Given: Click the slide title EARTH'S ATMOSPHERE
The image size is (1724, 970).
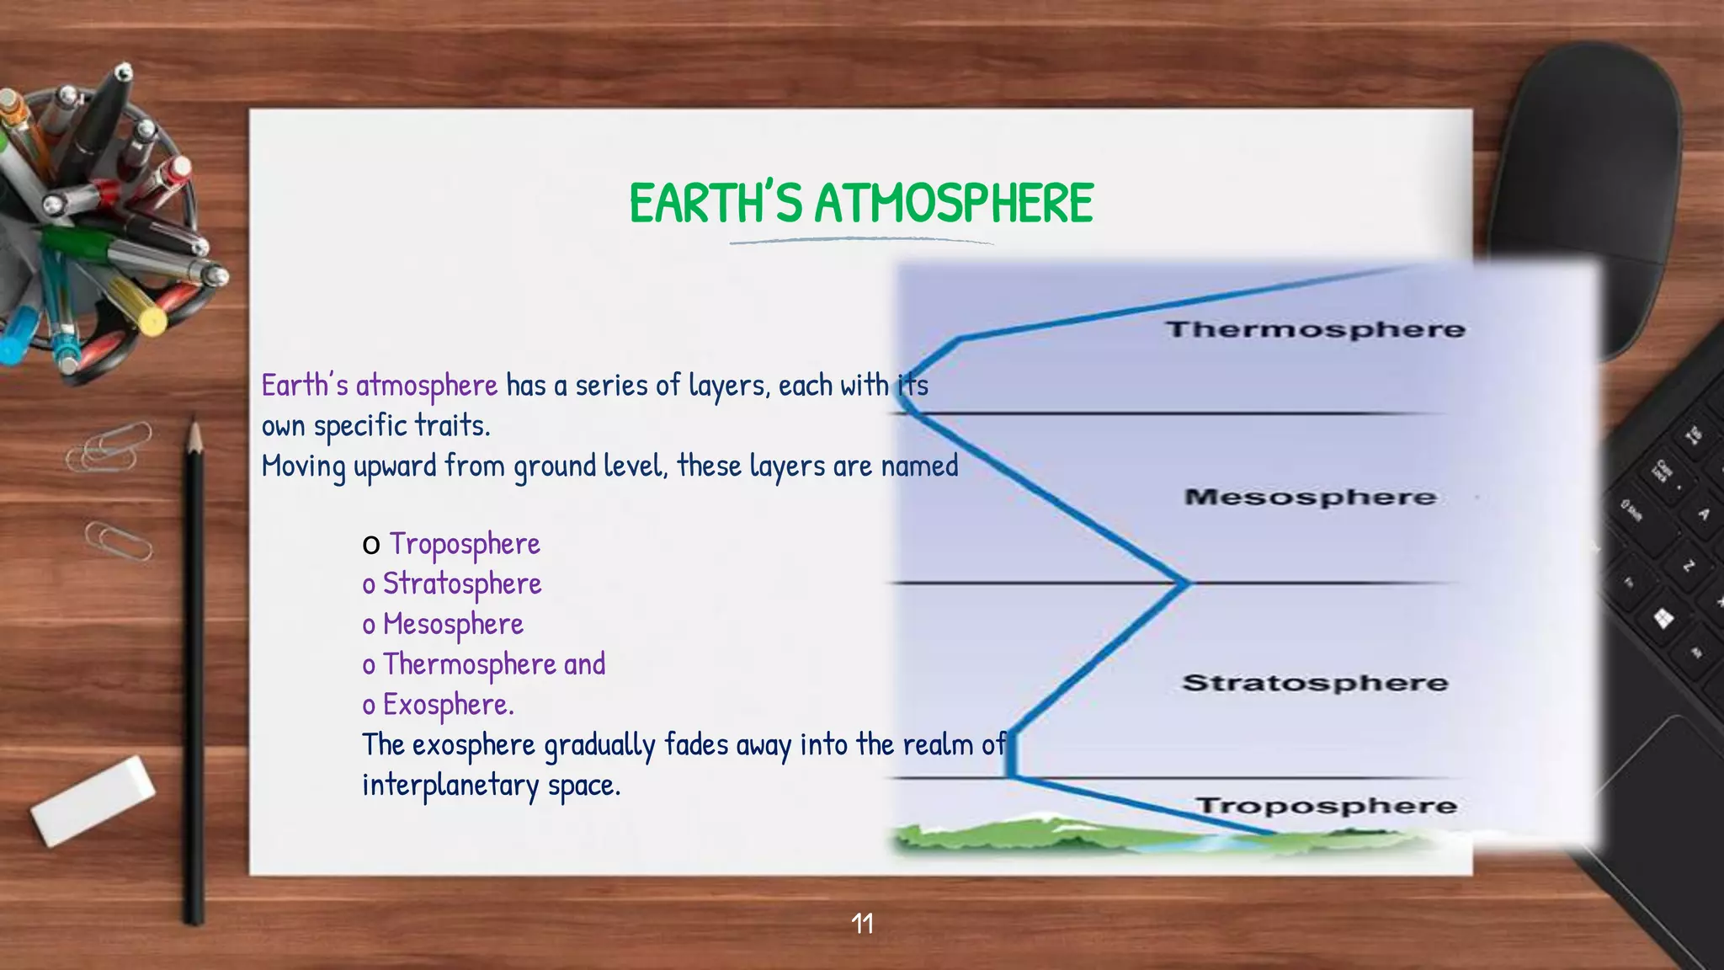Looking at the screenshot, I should (x=860, y=204).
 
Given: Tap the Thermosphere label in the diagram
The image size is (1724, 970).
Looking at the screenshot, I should (x=1315, y=329).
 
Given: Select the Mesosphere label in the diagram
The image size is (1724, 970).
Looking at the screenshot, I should (x=1310, y=497).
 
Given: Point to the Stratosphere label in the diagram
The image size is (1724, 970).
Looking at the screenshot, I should (x=1315, y=682).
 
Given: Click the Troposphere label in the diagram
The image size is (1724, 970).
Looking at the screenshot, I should (x=1326, y=806).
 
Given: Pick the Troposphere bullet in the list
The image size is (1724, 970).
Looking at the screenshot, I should (x=464, y=544).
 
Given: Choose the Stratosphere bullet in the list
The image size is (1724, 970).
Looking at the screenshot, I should (x=461, y=584).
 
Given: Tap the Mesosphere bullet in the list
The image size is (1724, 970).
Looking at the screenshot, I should (x=453, y=624).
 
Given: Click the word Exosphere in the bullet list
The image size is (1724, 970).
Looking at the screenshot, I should (x=448, y=704).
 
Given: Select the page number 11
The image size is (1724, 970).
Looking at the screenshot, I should (x=862, y=924).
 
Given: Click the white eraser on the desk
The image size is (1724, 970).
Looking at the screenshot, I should (x=93, y=800).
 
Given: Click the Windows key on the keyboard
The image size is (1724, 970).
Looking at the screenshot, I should (x=1663, y=620).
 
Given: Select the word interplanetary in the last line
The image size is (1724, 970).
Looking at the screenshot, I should (x=450, y=785).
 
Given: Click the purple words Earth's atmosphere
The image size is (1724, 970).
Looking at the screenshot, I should (x=380, y=386).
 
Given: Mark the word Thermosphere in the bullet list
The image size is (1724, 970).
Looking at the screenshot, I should (x=470, y=664).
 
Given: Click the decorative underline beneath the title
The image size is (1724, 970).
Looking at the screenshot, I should (x=860, y=242).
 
